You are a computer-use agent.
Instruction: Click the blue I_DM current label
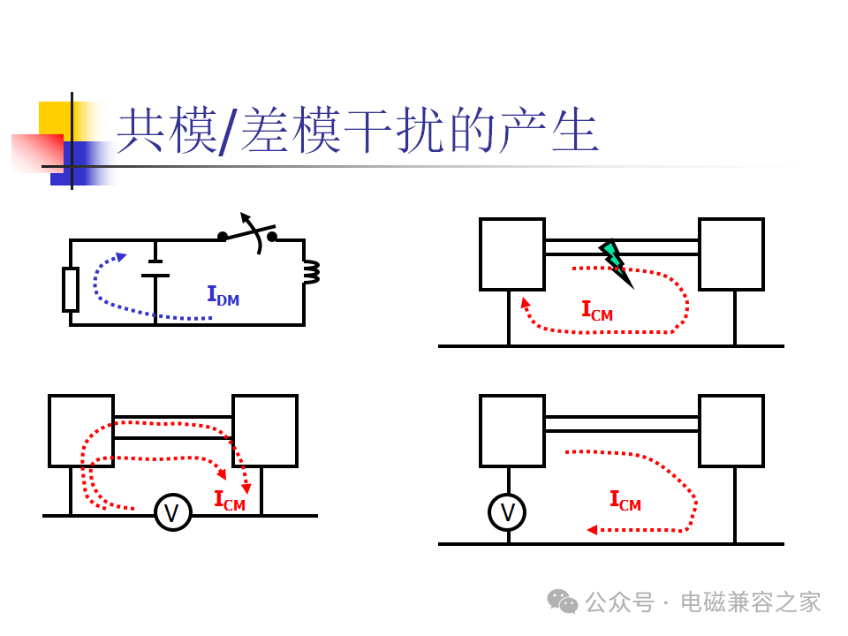(x=223, y=296)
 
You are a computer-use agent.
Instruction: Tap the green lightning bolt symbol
(x=616, y=263)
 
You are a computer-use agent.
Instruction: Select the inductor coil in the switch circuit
(x=312, y=271)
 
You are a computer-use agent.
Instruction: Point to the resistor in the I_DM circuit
(x=71, y=290)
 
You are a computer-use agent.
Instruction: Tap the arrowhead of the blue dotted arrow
(x=121, y=257)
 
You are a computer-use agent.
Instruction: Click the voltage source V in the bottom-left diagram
(x=173, y=512)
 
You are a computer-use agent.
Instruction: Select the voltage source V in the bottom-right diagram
(x=507, y=512)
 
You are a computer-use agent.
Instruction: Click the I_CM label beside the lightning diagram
(x=597, y=311)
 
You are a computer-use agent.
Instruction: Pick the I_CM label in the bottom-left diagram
(x=230, y=501)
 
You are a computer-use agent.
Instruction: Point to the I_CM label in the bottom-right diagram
(x=625, y=501)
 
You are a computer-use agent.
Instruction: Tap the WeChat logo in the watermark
(x=563, y=602)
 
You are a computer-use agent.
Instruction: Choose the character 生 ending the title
(x=575, y=130)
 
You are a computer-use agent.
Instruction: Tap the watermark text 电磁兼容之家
(x=751, y=602)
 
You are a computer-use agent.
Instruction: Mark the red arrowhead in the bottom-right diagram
(x=592, y=530)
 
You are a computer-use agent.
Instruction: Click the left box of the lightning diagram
(x=512, y=254)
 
